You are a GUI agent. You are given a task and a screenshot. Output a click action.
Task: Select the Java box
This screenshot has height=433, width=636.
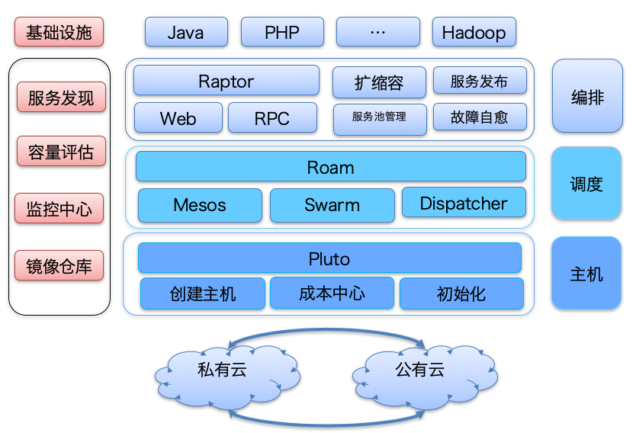(x=186, y=33)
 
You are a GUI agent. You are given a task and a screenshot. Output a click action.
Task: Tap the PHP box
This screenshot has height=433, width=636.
(x=282, y=33)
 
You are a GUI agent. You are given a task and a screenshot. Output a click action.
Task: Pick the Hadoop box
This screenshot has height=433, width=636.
(x=474, y=33)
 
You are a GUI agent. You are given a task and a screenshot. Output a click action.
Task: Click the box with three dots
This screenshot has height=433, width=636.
(x=378, y=33)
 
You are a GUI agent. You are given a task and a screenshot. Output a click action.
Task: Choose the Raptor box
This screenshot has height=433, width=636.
(x=226, y=81)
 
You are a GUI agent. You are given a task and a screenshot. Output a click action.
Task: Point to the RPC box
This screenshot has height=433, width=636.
(x=272, y=118)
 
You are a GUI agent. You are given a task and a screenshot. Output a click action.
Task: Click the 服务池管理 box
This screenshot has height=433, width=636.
(x=379, y=117)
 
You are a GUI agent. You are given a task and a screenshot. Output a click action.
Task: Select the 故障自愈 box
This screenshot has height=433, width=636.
(x=479, y=117)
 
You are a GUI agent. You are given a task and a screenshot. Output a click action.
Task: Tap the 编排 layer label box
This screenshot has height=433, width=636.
(x=586, y=97)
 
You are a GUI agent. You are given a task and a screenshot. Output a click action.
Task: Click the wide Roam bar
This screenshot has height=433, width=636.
(x=330, y=166)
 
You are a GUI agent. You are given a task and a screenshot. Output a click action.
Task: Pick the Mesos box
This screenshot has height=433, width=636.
(x=200, y=204)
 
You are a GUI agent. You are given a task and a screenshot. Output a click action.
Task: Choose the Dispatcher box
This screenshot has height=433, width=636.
(x=463, y=203)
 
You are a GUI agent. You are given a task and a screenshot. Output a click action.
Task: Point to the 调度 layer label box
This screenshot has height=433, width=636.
(x=586, y=184)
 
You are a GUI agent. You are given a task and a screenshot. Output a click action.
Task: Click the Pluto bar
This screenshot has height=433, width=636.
(x=329, y=258)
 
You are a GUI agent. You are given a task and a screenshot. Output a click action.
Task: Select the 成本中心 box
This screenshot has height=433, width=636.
(x=332, y=293)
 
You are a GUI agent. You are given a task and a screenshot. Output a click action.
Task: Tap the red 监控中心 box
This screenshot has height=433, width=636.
(x=59, y=208)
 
